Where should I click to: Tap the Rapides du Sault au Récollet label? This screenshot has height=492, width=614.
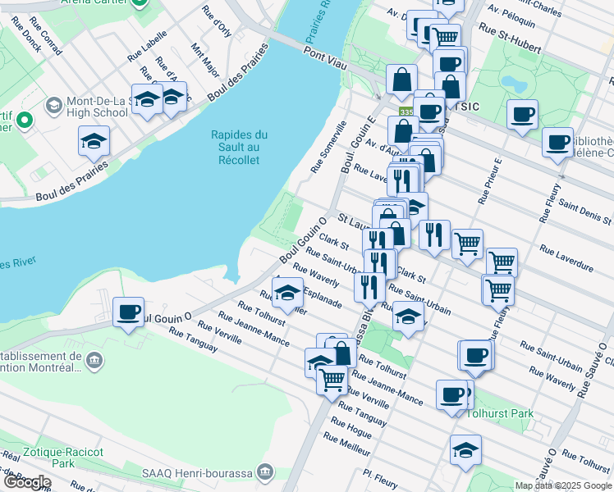click(x=239, y=147)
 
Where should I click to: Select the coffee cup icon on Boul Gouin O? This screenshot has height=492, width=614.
click(x=129, y=312)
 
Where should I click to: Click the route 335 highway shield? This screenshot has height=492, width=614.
click(x=406, y=112)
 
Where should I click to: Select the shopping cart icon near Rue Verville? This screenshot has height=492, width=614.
click(x=332, y=380)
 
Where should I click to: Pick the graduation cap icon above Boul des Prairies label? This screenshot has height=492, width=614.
click(x=94, y=141)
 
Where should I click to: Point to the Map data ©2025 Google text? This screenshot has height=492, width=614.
click(x=563, y=485)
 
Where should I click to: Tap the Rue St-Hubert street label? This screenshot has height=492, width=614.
click(x=511, y=39)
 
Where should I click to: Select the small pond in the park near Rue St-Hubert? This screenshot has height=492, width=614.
click(x=515, y=84)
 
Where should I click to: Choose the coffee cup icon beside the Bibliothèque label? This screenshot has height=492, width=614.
click(x=557, y=142)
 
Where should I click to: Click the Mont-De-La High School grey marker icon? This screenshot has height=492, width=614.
click(x=54, y=105)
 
